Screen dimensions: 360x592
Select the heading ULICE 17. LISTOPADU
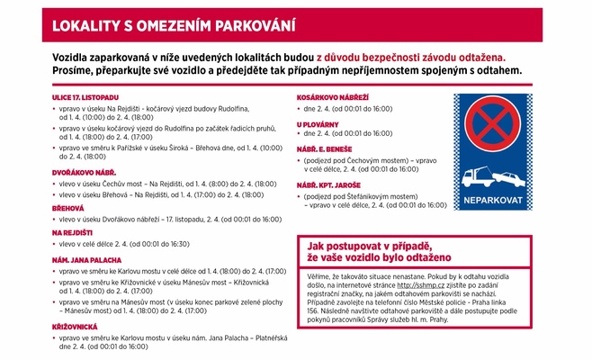coord(85,96)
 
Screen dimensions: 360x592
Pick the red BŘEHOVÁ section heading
coord(71,208)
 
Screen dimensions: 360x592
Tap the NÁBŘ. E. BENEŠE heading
coord(327,148)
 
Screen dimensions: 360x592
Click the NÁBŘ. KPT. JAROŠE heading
coord(332,184)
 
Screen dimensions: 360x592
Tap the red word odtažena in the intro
coord(492,56)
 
